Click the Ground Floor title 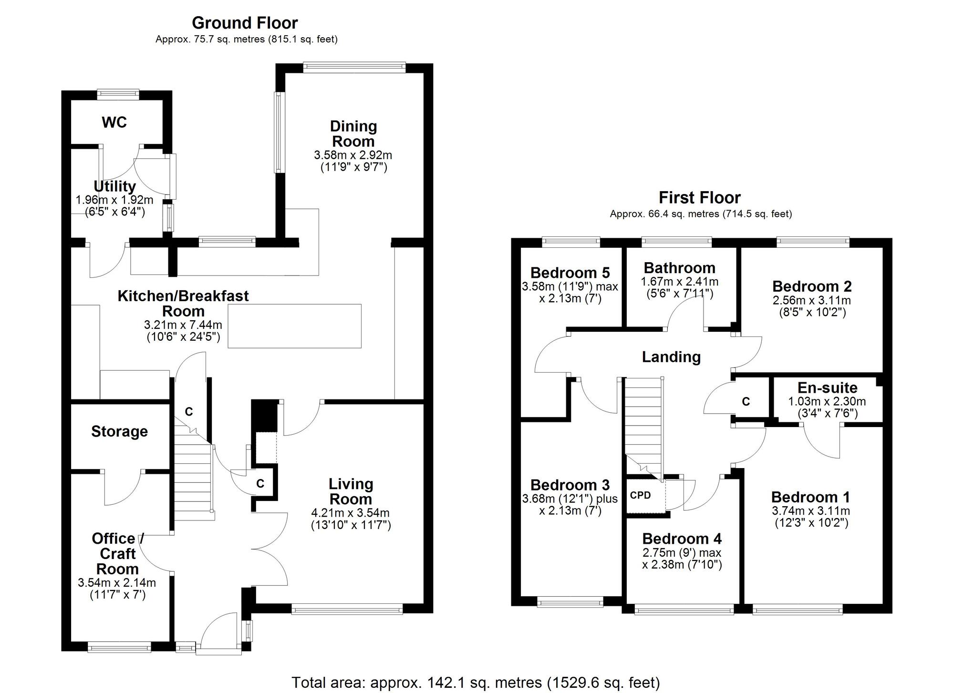(x=245, y=23)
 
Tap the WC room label (x=114, y=122)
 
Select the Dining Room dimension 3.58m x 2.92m (x=353, y=155)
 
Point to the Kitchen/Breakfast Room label (x=183, y=303)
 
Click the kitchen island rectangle (x=294, y=326)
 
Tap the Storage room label (x=119, y=431)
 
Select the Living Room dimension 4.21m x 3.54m (x=351, y=513)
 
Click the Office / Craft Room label (x=117, y=553)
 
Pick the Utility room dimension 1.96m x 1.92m (x=114, y=200)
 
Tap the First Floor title (x=699, y=197)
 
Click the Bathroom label (x=679, y=268)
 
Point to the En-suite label (x=827, y=388)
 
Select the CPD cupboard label (x=640, y=495)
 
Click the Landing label (x=671, y=357)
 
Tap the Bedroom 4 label (x=682, y=539)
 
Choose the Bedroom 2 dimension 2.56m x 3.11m (x=811, y=301)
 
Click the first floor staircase (x=644, y=424)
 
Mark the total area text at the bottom (x=476, y=683)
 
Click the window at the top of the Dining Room (x=354, y=68)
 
